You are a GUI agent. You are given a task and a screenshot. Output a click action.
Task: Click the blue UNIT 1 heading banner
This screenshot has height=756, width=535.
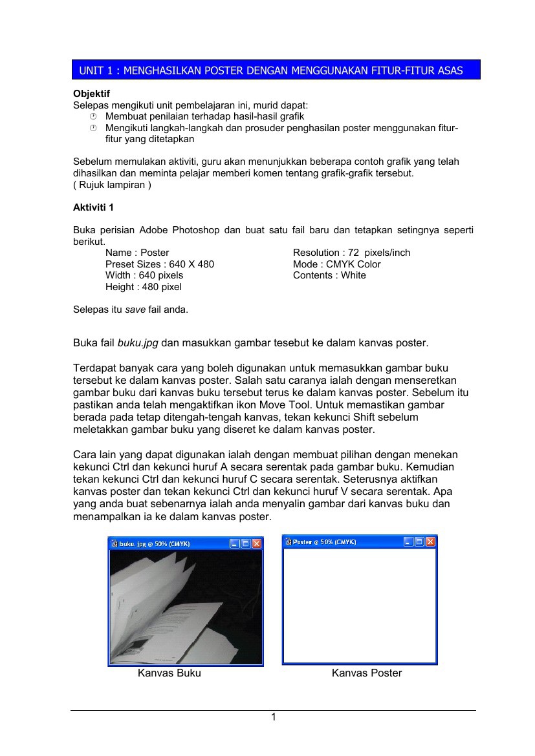[x=276, y=70]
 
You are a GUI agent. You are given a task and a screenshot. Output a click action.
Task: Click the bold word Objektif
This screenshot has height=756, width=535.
[x=91, y=94]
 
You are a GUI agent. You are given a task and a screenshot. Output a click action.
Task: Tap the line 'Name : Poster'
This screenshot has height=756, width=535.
[x=137, y=253]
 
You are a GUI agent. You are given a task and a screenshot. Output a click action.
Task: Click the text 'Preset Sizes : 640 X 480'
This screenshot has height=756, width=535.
[x=160, y=264]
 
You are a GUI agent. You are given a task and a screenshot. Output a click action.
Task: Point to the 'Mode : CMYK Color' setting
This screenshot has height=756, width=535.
[x=336, y=264]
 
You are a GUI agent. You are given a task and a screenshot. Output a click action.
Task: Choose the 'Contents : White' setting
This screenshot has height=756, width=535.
[x=329, y=275]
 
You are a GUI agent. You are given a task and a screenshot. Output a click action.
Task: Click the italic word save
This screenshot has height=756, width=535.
[x=135, y=310]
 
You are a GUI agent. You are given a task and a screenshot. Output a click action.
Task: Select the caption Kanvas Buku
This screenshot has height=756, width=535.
[x=169, y=673]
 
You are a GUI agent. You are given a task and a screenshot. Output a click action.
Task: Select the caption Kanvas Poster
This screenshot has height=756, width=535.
[x=367, y=673]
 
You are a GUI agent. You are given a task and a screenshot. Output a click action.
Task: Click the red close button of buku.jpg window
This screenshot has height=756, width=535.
[x=257, y=544]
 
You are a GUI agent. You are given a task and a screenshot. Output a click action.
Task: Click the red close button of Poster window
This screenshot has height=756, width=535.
[x=431, y=542]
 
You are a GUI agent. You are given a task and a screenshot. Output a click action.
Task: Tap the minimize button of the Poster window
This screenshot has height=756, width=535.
[x=409, y=542]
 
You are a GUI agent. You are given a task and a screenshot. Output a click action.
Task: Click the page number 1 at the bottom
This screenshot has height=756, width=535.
[x=274, y=717]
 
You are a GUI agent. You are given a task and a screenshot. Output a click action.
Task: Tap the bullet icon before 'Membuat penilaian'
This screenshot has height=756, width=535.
[x=93, y=116]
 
